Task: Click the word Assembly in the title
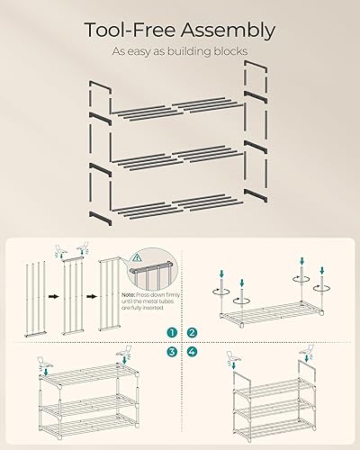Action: click(227, 30)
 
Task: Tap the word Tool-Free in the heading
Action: click(129, 30)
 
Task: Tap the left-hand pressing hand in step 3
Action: click(42, 364)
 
